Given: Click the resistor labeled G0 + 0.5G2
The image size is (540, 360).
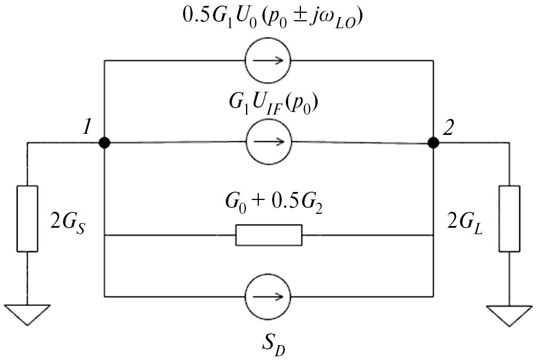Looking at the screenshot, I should tap(268, 235).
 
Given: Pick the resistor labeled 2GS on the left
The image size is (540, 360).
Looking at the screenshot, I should tap(28, 218).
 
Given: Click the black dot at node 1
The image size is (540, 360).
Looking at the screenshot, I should tap(105, 142).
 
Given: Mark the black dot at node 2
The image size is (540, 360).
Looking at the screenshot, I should tap(433, 142).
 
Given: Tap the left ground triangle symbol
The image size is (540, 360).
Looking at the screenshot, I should tap(28, 314).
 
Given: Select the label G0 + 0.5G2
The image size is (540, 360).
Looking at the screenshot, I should tap(269, 204).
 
